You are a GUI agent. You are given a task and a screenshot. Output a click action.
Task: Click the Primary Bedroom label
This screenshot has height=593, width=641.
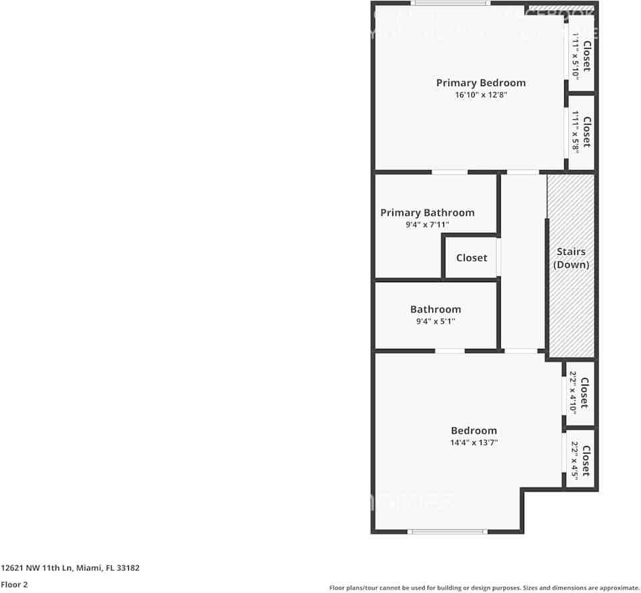pyautogui.click(x=481, y=83)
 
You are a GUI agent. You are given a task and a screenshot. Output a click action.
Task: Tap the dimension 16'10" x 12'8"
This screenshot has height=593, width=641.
pyautogui.click(x=481, y=95)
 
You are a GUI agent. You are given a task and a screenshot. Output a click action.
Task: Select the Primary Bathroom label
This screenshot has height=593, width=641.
pyautogui.click(x=427, y=213)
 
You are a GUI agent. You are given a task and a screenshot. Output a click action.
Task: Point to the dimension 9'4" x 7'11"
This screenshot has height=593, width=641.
pyautogui.click(x=427, y=225)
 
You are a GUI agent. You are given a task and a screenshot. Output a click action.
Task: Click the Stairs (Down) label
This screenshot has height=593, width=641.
pyautogui.click(x=572, y=258)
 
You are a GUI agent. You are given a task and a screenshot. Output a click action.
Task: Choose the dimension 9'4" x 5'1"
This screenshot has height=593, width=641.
pyautogui.click(x=435, y=322)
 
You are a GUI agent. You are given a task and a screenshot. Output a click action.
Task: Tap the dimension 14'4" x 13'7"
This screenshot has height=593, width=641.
pyautogui.click(x=474, y=442)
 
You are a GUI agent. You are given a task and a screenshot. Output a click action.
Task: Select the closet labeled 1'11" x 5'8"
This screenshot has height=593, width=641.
pyautogui.click(x=580, y=131)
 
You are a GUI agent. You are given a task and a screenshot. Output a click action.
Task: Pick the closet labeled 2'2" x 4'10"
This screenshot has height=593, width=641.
pyautogui.click(x=580, y=393)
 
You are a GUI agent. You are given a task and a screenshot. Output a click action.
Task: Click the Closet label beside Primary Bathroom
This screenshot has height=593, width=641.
pyautogui.click(x=471, y=258)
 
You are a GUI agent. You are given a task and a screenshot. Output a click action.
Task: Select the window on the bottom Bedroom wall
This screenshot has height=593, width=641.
pyautogui.click(x=447, y=531)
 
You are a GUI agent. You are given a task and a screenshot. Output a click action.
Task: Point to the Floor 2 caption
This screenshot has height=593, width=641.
pyautogui.click(x=14, y=585)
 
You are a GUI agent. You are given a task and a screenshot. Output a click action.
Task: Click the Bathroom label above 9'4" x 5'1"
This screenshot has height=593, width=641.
pyautogui.click(x=435, y=310)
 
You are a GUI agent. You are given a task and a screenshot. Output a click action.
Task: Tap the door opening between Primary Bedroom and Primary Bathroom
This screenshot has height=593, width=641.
pyautogui.click(x=449, y=172)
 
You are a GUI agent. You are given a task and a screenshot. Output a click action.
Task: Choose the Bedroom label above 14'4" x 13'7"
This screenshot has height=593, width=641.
pyautogui.click(x=474, y=431)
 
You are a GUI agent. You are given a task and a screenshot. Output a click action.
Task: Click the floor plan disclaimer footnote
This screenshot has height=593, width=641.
pyautogui.click(x=484, y=588)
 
